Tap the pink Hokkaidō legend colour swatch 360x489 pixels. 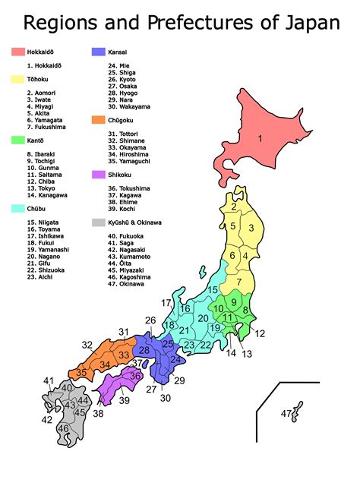point(19,52)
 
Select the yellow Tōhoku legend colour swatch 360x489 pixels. point(19,79)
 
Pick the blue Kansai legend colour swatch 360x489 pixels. point(98,52)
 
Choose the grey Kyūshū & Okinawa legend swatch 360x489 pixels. point(98,222)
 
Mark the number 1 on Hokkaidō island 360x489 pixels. point(259,138)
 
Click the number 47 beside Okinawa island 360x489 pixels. point(286,413)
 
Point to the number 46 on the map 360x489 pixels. point(63,429)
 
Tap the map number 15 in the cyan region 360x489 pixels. point(213,290)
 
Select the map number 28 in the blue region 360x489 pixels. point(144,350)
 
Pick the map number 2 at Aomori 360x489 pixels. point(234,206)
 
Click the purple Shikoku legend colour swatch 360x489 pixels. point(98,175)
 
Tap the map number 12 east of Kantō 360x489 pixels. point(260,333)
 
